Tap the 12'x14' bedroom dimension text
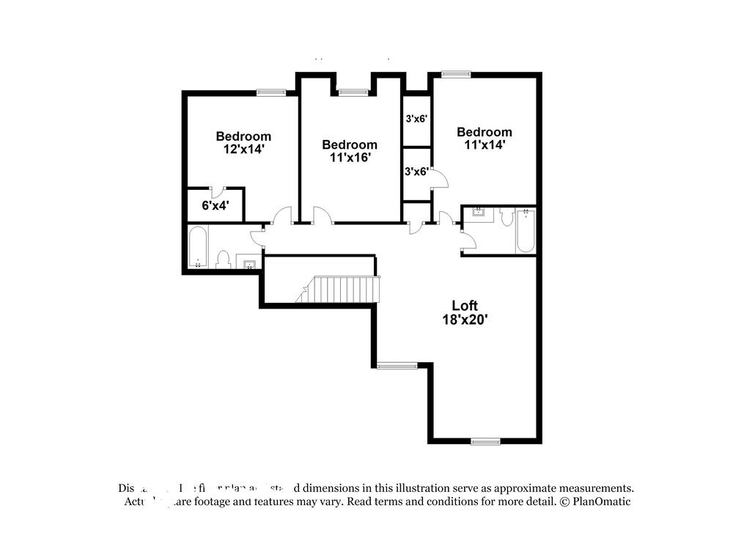tap(243, 148)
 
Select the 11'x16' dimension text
tap(350, 157)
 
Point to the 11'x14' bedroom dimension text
tap(484, 144)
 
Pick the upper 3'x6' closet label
tap(416, 117)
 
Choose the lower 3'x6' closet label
tap(416, 172)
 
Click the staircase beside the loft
tap(338, 289)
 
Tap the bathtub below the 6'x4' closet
tap(197, 248)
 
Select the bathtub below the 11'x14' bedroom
tap(525, 231)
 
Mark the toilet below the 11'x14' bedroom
tap(507, 217)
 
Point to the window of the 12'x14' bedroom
tap(270, 92)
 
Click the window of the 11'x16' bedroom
tap(353, 92)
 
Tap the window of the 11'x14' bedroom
tap(456, 73)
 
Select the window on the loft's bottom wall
tap(485, 441)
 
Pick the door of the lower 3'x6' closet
tap(438, 178)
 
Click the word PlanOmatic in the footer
tap(601, 502)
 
